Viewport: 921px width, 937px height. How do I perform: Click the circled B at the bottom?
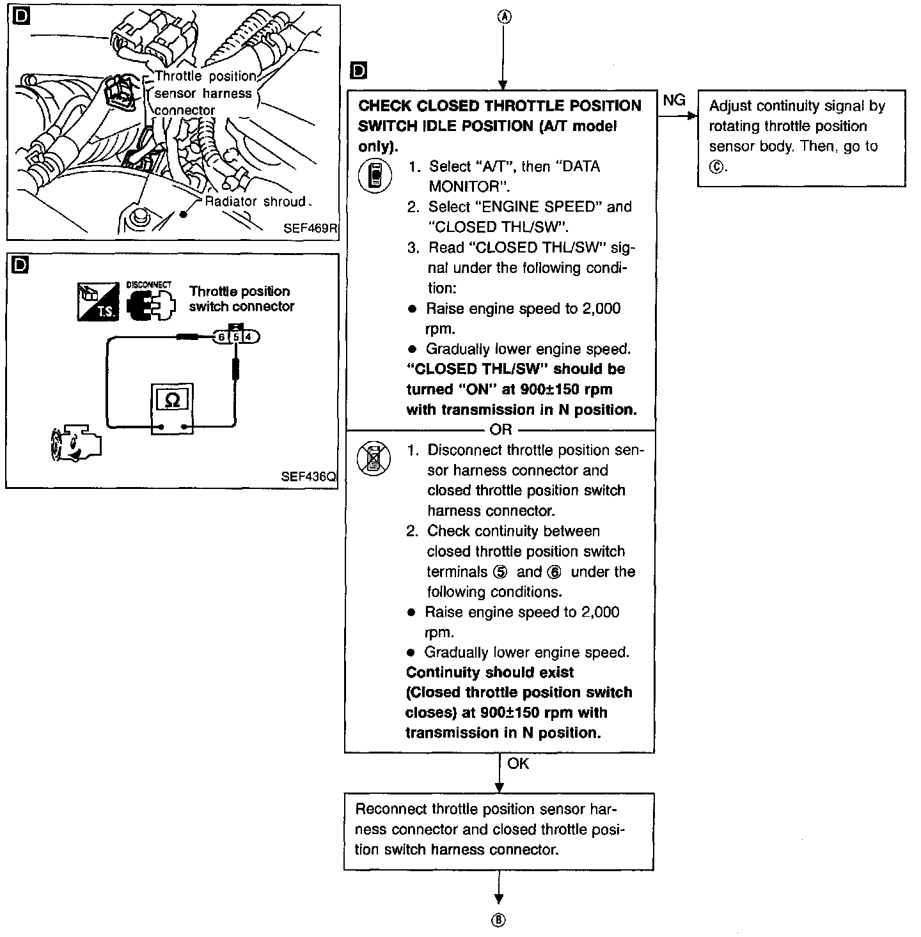point(498,920)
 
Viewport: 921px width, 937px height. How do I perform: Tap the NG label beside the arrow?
point(674,100)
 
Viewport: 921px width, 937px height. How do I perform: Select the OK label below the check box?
point(518,764)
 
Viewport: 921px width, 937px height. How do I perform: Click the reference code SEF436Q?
point(308,477)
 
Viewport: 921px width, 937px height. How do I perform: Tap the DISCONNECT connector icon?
point(150,303)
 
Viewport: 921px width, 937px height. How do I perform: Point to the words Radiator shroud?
point(256,202)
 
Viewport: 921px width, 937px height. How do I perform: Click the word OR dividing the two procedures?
point(501,430)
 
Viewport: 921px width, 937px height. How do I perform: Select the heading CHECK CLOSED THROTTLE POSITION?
point(500,106)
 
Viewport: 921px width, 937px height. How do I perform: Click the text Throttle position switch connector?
point(241,298)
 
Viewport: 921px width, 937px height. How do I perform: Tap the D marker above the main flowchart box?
point(359,70)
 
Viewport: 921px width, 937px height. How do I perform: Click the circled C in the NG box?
point(716,167)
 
